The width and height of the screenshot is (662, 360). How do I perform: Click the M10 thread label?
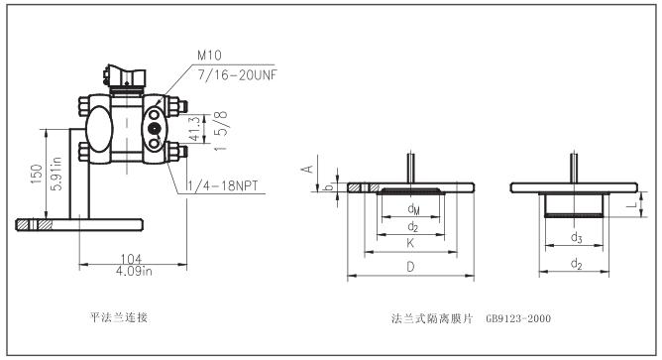click(209, 55)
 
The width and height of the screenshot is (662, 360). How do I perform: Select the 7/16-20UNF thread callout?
click(237, 74)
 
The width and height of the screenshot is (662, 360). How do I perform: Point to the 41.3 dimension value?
click(194, 129)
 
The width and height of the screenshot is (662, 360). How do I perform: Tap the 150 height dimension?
click(37, 174)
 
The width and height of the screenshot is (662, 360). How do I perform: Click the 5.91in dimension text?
click(55, 174)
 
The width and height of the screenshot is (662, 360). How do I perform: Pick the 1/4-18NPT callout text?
click(222, 185)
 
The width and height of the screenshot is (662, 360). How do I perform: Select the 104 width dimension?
click(131, 259)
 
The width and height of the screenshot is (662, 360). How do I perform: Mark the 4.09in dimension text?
click(134, 271)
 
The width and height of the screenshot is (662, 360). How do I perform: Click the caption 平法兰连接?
click(119, 317)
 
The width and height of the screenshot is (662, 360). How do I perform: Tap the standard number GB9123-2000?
click(518, 318)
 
